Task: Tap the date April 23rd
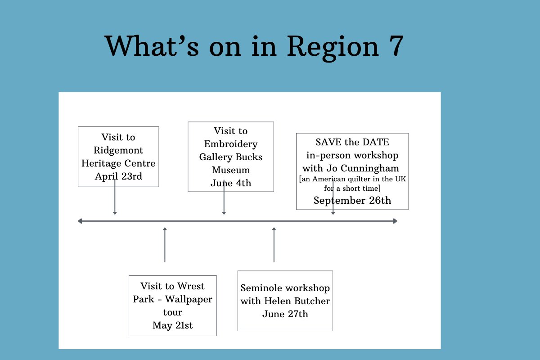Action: (118, 176)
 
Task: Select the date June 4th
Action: (231, 183)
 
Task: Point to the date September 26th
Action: (352, 200)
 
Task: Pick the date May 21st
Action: (173, 325)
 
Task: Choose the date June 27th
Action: (285, 314)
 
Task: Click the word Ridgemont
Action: (118, 151)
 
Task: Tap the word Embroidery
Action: (231, 144)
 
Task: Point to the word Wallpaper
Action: (189, 300)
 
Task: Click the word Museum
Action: (231, 170)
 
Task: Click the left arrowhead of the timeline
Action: (80, 221)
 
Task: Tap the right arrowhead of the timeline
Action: (395, 221)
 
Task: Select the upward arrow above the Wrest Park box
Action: (165, 244)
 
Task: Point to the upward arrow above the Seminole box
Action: (274, 244)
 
